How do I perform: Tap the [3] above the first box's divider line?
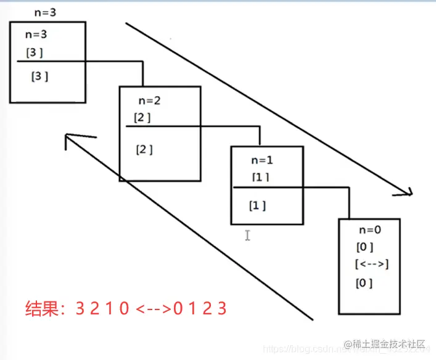point(35,53)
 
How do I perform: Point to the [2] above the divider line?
point(142,117)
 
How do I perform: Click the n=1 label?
point(261,160)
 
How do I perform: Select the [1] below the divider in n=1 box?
point(257,205)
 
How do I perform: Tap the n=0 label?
point(370,229)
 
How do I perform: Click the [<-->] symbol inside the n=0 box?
point(371,264)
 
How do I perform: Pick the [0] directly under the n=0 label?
point(364,247)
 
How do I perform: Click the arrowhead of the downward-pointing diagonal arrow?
point(407,192)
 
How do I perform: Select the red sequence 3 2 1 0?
point(102,308)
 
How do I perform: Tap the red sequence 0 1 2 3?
point(200,308)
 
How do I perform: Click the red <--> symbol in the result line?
point(152,308)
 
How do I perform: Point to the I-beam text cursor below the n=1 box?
point(247,235)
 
